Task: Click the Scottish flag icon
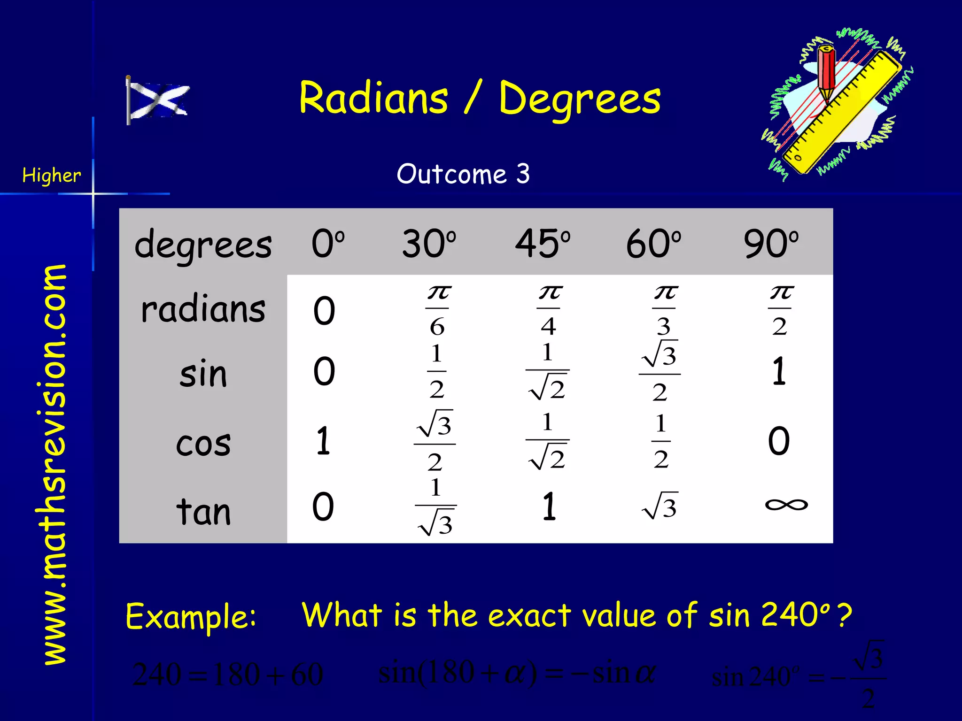(158, 100)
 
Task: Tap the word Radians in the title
(373, 98)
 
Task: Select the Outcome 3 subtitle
(463, 174)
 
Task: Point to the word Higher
(51, 176)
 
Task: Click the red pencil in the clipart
(826, 70)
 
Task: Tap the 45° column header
(543, 244)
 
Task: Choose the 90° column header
(771, 244)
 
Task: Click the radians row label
(203, 310)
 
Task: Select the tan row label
(203, 511)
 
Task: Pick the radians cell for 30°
(437, 310)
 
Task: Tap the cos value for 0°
(323, 441)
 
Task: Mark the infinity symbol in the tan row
(786, 505)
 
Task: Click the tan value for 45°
(549, 507)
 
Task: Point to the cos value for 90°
(779, 441)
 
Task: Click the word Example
(191, 616)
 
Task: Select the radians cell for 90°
(780, 310)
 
